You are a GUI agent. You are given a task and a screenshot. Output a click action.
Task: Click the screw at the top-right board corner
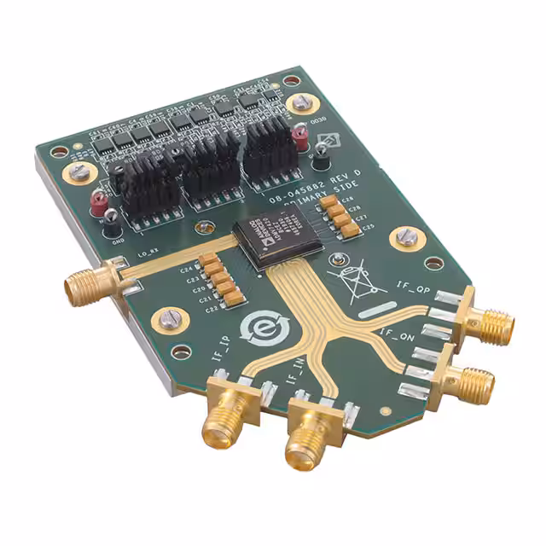(x=298, y=103)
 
